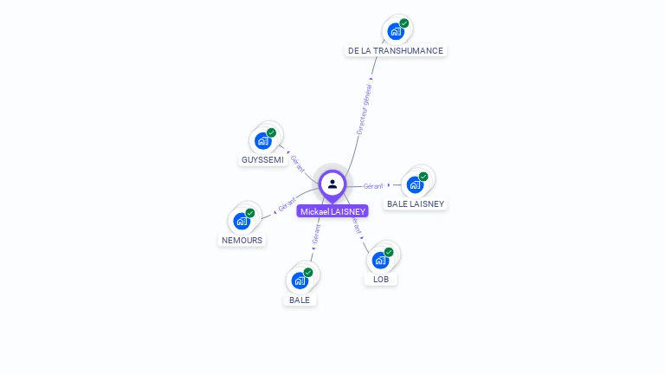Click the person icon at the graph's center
[x=332, y=184]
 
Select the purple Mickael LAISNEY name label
[x=332, y=211]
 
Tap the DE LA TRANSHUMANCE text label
[x=395, y=51]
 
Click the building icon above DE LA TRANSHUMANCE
[x=396, y=32]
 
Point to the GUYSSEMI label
[x=262, y=160]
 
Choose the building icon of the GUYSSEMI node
[x=263, y=141]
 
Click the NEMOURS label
[x=242, y=240]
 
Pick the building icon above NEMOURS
[x=242, y=221]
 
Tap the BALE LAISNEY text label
[x=416, y=204]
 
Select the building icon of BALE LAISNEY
[x=415, y=184]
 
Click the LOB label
[x=381, y=280]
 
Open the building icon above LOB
[x=380, y=261]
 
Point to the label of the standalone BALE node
[x=300, y=300]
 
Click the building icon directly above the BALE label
[x=300, y=280]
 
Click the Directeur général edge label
[x=365, y=108]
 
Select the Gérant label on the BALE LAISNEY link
[x=373, y=186]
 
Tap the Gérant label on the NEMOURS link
[x=287, y=205]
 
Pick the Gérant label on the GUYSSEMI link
[x=297, y=162]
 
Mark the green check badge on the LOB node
[x=389, y=252]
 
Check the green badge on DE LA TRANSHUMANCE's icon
[x=404, y=23]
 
